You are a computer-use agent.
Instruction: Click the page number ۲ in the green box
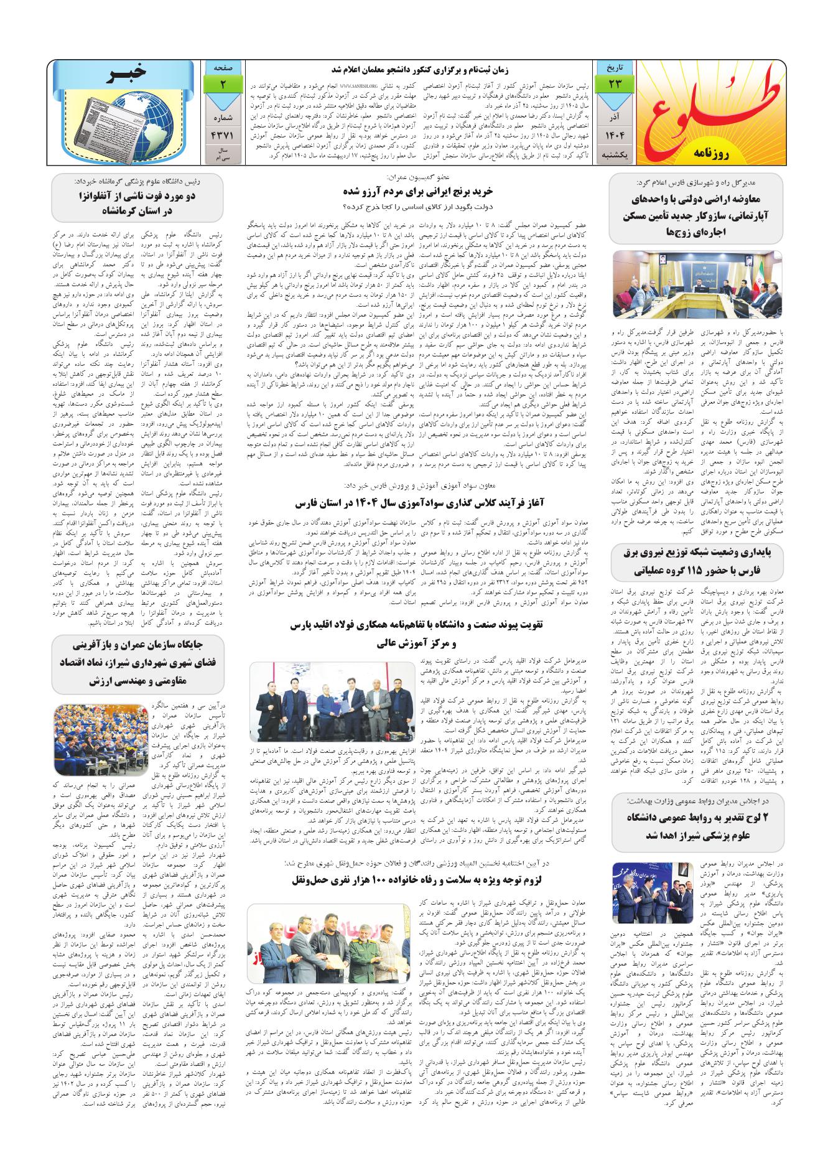point(222,83)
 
